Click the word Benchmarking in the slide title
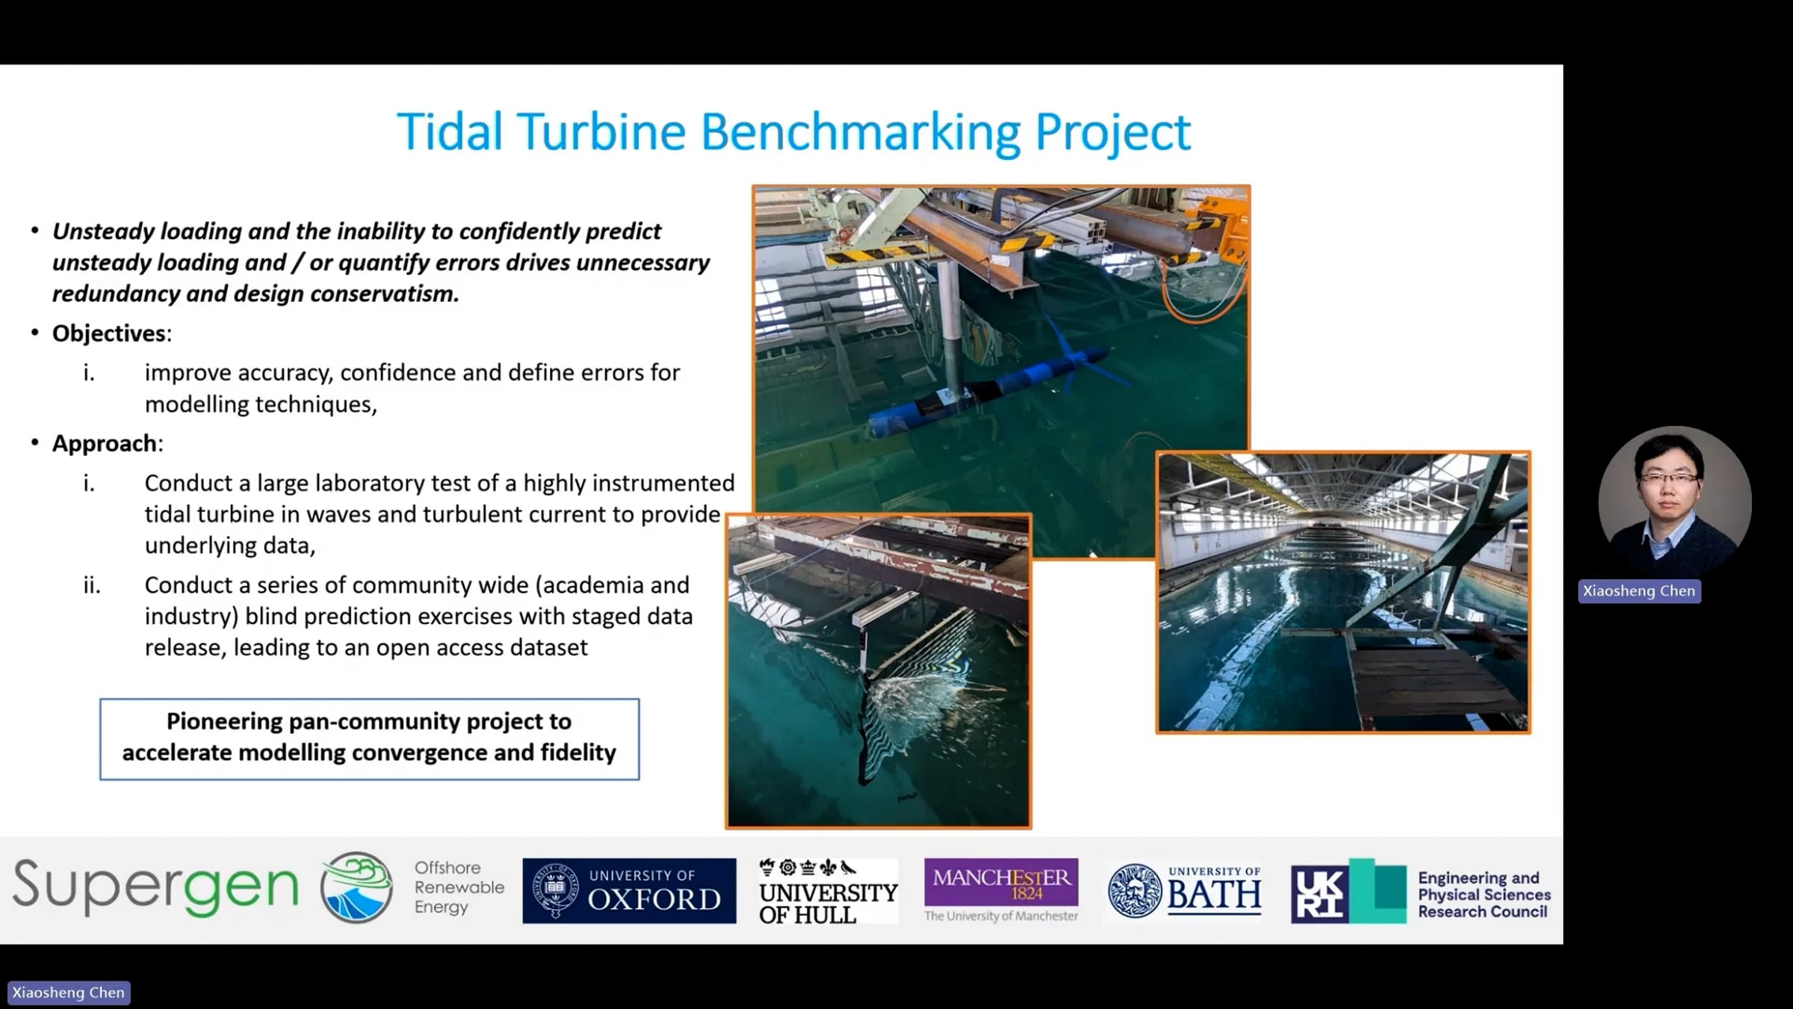pyautogui.click(x=860, y=132)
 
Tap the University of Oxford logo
pyautogui.click(x=629, y=890)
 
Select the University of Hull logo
pyautogui.click(x=828, y=892)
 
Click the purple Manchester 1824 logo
pyautogui.click(x=1001, y=882)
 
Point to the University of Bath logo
pyautogui.click(x=1184, y=891)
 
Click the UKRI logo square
pyautogui.click(x=1319, y=895)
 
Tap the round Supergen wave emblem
pyautogui.click(x=356, y=887)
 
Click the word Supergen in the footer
pyautogui.click(x=155, y=887)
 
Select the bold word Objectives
pyautogui.click(x=108, y=333)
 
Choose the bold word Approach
pyautogui.click(x=105, y=443)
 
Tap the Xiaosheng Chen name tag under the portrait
pyautogui.click(x=1639, y=591)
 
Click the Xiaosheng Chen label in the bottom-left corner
pyautogui.click(x=69, y=993)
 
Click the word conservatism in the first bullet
pyautogui.click(x=384, y=294)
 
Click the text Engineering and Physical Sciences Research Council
pyautogui.click(x=1484, y=895)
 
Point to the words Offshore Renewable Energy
pyautogui.click(x=459, y=887)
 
